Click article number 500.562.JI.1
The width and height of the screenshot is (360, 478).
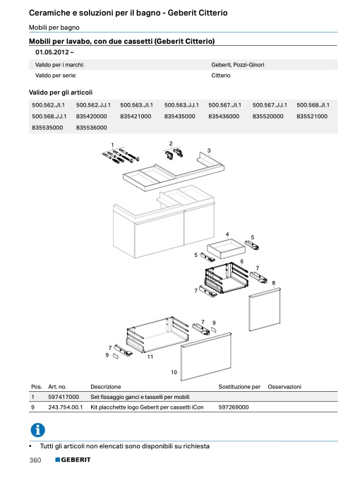pyautogui.click(x=48, y=105)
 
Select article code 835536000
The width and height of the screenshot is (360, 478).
pyautogui.click(x=92, y=128)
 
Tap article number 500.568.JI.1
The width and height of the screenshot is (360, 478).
pyautogui.click(x=313, y=105)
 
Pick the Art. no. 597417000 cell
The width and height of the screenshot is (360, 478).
pyautogui.click(x=64, y=397)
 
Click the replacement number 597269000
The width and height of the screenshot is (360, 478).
pyautogui.click(x=234, y=407)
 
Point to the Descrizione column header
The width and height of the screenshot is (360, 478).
pyautogui.click(x=106, y=387)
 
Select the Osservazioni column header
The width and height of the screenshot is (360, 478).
pyautogui.click(x=284, y=387)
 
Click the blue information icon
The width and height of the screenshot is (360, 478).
pyautogui.click(x=38, y=430)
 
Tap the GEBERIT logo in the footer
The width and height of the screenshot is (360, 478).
pyautogui.click(x=73, y=460)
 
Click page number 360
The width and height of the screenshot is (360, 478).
pyautogui.click(x=35, y=460)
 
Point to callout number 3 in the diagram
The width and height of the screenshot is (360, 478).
pyautogui.click(x=209, y=150)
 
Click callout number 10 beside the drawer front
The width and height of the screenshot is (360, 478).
pyautogui.click(x=174, y=372)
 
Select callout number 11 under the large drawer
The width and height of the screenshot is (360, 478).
pyautogui.click(x=150, y=357)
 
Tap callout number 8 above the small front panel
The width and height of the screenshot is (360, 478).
pyautogui.click(x=274, y=283)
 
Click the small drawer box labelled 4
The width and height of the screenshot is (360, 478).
pyautogui.click(x=226, y=249)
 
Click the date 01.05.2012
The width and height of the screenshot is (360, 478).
pyautogui.click(x=52, y=52)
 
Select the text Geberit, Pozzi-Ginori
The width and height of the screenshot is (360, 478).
pyautogui.click(x=238, y=65)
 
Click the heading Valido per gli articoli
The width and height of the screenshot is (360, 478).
pyautogui.click(x=61, y=92)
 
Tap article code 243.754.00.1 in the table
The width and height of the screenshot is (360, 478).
pyautogui.click(x=66, y=407)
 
